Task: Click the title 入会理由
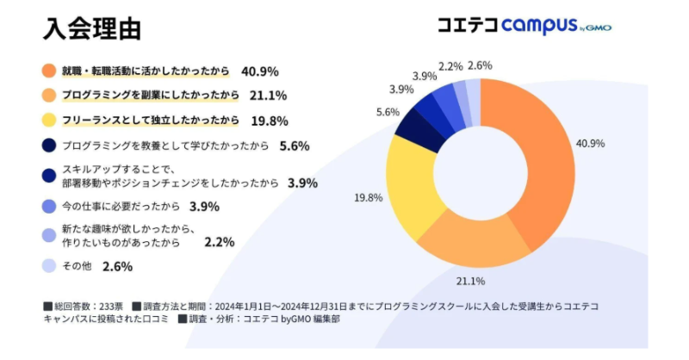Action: [92, 27]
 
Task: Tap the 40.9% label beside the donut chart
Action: [591, 143]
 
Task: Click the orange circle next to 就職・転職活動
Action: [49, 71]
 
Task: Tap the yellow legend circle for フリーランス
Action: [49, 121]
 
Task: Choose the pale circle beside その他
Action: [49, 266]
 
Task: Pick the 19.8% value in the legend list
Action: [270, 121]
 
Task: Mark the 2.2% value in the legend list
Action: [220, 244]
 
